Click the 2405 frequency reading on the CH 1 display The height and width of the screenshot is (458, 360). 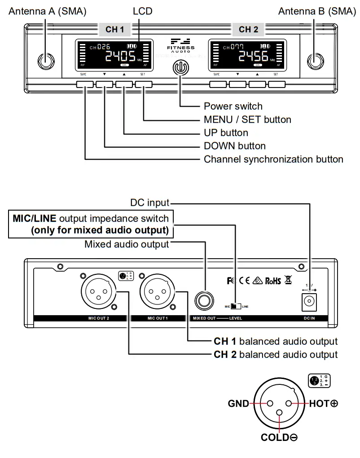[120, 57]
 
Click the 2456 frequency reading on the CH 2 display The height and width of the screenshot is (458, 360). [253, 57]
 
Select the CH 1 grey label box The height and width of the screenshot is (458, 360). [114, 30]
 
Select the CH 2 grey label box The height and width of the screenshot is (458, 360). [248, 30]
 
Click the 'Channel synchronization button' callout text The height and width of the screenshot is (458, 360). [273, 159]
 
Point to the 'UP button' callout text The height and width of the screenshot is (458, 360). [226, 133]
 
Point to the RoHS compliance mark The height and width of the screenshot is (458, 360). [273, 281]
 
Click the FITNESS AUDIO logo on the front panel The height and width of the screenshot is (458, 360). [180, 46]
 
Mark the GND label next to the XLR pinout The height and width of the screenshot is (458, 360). [238, 403]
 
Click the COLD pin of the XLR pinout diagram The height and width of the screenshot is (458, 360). [280, 413]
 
